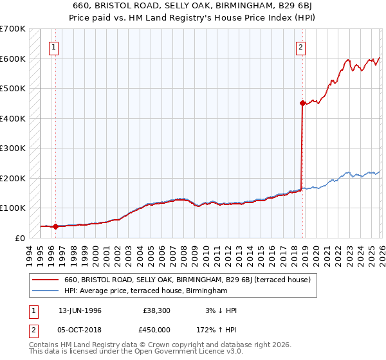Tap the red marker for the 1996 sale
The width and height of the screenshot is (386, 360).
tap(55, 226)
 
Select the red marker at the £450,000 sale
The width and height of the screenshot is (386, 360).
tap(302, 103)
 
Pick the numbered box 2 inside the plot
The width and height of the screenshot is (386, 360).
tap(300, 46)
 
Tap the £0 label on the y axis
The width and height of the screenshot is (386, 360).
tap(19, 238)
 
